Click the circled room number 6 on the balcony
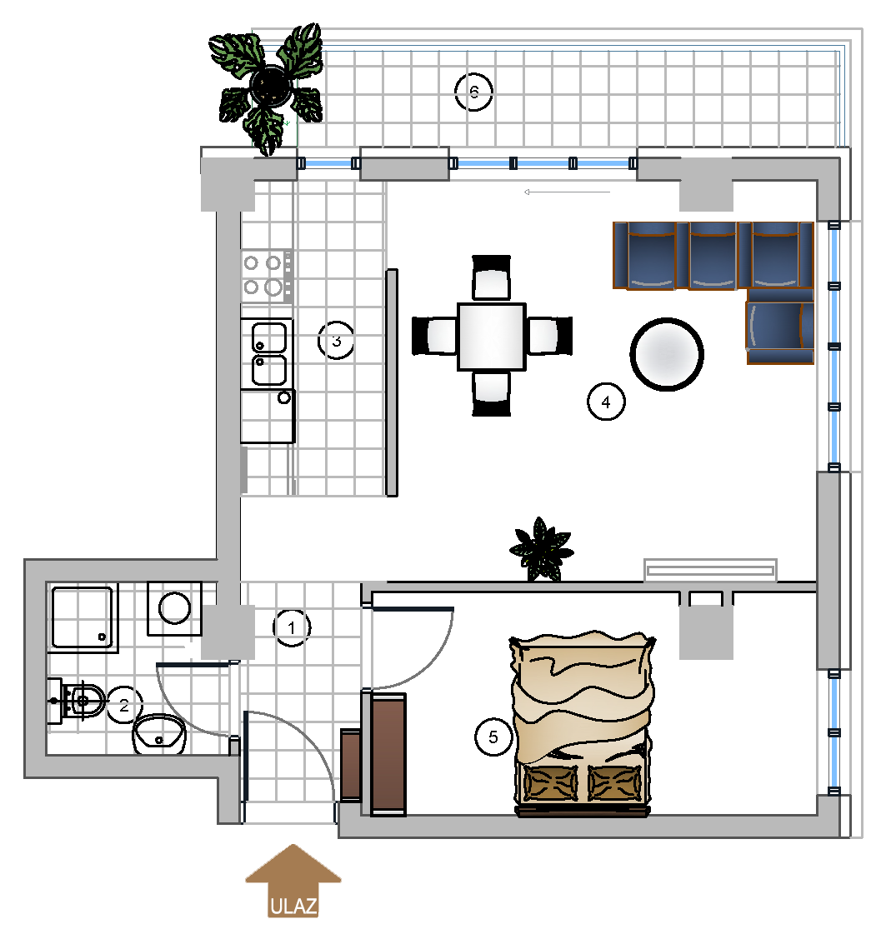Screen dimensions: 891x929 click(x=473, y=92)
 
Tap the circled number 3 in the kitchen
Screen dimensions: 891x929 click(x=336, y=341)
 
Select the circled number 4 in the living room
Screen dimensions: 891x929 click(x=606, y=402)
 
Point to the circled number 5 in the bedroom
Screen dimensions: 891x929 click(x=493, y=737)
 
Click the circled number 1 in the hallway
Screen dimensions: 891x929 click(x=292, y=627)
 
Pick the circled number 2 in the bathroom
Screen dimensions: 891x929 click(x=124, y=705)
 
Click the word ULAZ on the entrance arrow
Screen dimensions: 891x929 click(x=293, y=907)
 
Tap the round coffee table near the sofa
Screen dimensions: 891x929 click(x=666, y=354)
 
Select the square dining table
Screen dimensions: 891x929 click(x=492, y=337)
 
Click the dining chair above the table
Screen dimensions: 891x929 click(x=492, y=277)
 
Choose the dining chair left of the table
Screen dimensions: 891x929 click(x=434, y=336)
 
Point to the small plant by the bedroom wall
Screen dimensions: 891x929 click(x=541, y=549)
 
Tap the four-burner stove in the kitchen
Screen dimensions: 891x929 click(x=268, y=276)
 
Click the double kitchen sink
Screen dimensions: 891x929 click(x=268, y=354)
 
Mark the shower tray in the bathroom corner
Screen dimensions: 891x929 click(x=83, y=617)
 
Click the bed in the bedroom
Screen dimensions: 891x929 click(x=583, y=724)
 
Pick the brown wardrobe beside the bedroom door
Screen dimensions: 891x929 click(x=388, y=754)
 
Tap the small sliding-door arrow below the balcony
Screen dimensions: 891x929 click(x=567, y=192)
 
